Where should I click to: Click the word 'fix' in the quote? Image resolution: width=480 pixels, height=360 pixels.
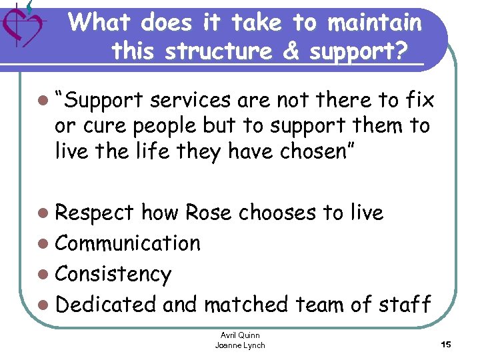[x=420, y=101]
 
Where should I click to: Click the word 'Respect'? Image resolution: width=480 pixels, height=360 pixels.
[x=95, y=213]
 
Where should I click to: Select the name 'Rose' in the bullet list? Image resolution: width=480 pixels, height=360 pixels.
[x=209, y=213]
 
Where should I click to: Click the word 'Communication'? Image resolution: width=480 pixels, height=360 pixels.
[x=127, y=243]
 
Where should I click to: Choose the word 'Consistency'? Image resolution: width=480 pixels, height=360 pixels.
[x=113, y=274]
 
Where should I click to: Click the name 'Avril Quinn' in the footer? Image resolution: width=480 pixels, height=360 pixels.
[x=240, y=335]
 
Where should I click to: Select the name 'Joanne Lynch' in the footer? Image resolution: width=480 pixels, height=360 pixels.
[x=240, y=345]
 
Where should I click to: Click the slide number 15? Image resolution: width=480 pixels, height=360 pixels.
[x=446, y=344]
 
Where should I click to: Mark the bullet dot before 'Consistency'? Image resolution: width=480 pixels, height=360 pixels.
[x=43, y=275]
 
